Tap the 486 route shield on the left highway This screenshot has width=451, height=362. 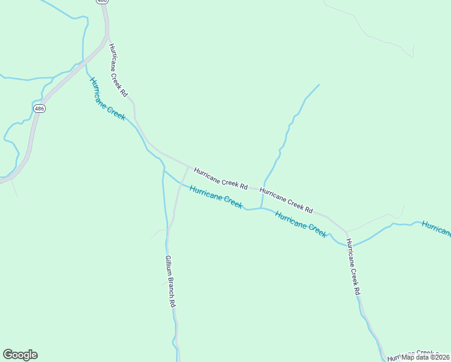tap(39, 109)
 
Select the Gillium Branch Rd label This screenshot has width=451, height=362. tap(170, 281)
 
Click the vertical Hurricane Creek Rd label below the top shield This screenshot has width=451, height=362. tap(118, 70)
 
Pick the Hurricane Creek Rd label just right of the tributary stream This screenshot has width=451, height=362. tap(286, 201)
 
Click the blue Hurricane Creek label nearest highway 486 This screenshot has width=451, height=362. tap(107, 99)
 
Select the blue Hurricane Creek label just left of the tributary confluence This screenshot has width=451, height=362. tap(216, 197)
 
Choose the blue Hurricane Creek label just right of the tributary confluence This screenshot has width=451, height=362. tap(300, 224)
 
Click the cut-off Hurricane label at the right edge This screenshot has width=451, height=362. tap(437, 229)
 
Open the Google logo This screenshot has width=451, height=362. tap(20, 355)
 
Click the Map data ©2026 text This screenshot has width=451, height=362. tap(425, 357)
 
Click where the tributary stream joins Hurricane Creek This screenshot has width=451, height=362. tap(261, 208)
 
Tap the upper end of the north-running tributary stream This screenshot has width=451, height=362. tap(318, 85)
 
